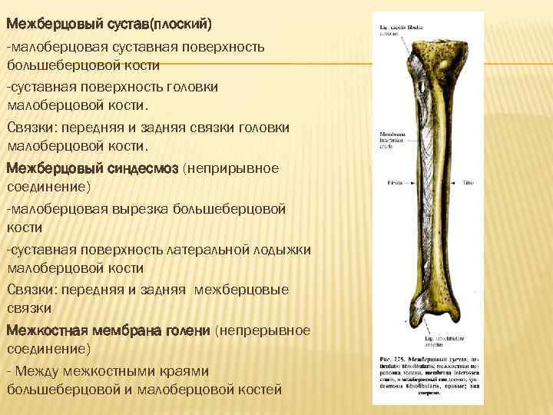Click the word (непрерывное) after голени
[263, 330]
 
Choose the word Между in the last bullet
[41, 370]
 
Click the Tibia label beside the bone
[471, 184]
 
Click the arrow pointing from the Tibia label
[459, 184]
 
